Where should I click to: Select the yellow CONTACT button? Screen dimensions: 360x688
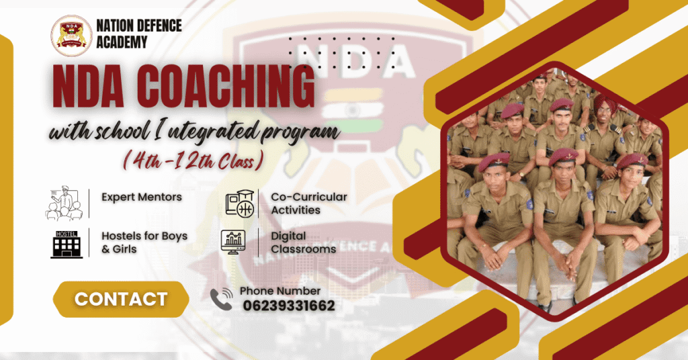coord(121,299)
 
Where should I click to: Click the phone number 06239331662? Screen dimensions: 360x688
coord(288,306)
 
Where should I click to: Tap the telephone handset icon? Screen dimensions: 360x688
coord(221,300)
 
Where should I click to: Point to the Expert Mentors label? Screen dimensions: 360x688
coord(142,197)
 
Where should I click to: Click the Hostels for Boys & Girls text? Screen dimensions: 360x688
coord(144,242)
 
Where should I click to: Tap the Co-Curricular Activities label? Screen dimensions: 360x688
coord(308,204)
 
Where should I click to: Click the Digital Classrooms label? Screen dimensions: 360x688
coord(303,242)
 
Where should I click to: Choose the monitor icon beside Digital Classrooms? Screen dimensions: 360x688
coord(234,243)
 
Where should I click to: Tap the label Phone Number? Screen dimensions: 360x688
coord(280,291)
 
